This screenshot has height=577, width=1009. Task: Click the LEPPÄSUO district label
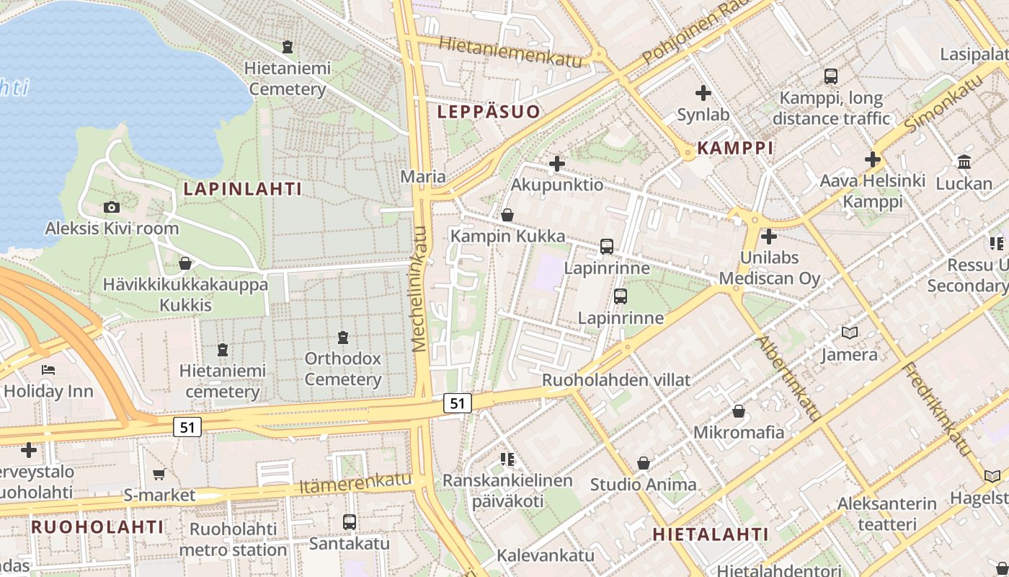coord(489,112)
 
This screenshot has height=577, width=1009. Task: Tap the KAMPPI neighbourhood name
coord(735,149)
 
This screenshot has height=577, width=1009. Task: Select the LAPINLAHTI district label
coord(242,189)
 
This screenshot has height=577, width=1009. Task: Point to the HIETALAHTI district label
coord(711,534)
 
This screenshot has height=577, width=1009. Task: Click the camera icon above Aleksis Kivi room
coord(112,208)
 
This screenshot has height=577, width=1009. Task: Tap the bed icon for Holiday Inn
coord(48,370)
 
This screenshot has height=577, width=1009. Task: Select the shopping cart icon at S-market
coord(159,474)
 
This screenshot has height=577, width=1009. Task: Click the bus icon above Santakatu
coord(350,521)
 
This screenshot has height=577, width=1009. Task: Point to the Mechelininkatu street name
coord(420,288)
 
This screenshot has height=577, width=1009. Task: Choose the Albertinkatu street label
coord(788,377)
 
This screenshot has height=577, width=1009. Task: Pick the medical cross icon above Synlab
coord(703,93)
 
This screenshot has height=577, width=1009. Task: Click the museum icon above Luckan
coord(964,162)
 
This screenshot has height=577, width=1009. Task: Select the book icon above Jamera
coord(850,332)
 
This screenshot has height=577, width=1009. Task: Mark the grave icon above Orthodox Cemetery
coord(343,337)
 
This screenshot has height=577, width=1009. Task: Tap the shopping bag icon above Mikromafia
coord(739,411)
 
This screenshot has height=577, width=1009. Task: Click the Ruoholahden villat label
coord(616,379)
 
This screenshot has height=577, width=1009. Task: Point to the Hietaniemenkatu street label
coord(510,52)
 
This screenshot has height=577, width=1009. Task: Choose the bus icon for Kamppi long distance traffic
coord(831,76)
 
